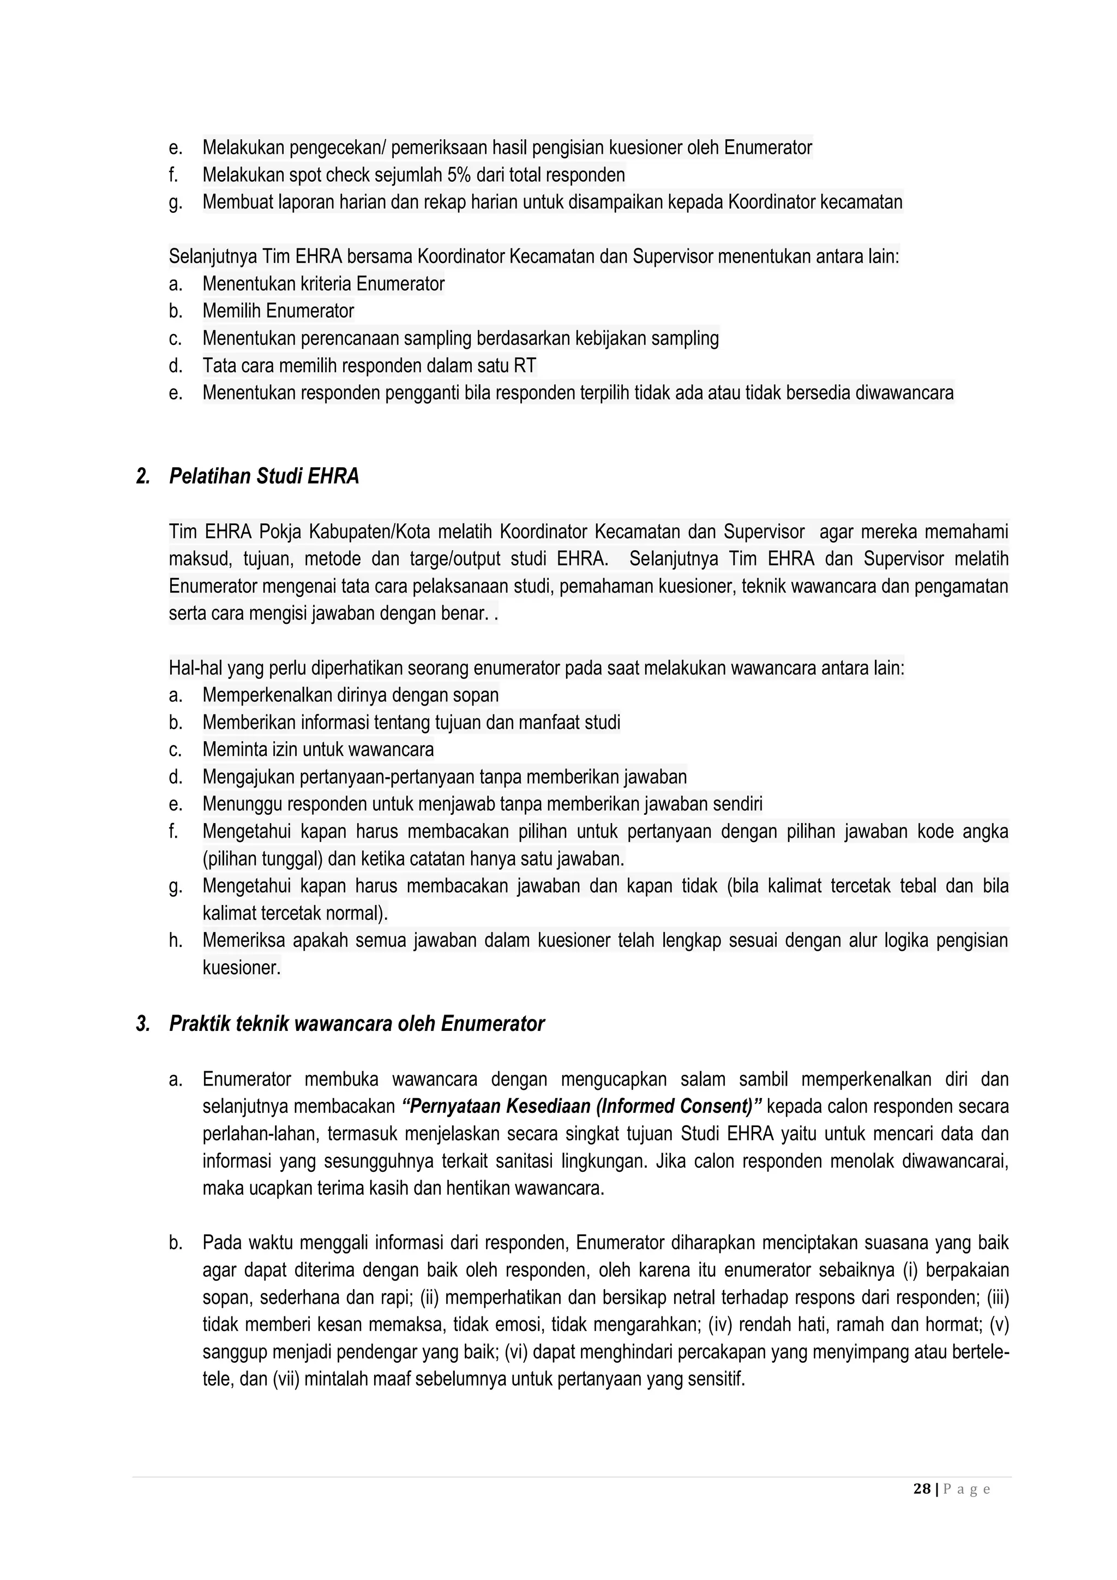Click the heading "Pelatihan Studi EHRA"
264,476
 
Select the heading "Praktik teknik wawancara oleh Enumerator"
356,1024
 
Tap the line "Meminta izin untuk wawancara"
318,749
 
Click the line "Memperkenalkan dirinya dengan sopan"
350,695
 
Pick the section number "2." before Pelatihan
143,476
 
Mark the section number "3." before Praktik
143,1024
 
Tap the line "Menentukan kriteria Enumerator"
323,283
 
